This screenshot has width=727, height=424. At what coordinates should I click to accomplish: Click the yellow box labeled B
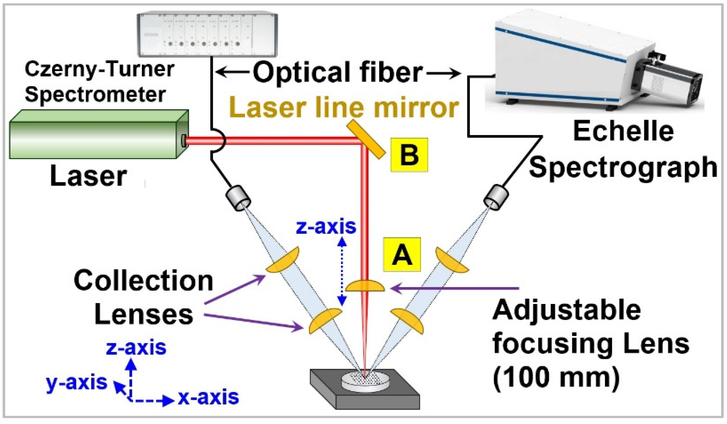pos(409,155)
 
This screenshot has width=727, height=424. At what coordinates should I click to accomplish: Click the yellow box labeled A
pos(402,255)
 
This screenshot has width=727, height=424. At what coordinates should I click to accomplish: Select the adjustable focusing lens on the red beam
pos(365,286)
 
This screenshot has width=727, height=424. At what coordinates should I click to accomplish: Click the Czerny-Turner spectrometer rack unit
pos(208,34)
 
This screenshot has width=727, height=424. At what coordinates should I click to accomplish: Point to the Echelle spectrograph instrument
pos(587,62)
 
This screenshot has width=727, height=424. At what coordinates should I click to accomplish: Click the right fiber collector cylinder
pos(496,197)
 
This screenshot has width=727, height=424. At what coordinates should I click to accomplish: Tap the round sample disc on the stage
pos(365,380)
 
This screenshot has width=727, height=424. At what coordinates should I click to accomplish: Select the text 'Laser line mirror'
pos(344,108)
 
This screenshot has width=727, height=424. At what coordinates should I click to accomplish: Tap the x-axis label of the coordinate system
pos(209,398)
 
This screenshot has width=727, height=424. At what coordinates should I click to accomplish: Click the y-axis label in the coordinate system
pos(77,382)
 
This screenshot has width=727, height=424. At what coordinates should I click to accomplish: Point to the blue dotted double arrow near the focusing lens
pos(342,271)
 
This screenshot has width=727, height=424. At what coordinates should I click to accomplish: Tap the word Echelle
pos(623,131)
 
